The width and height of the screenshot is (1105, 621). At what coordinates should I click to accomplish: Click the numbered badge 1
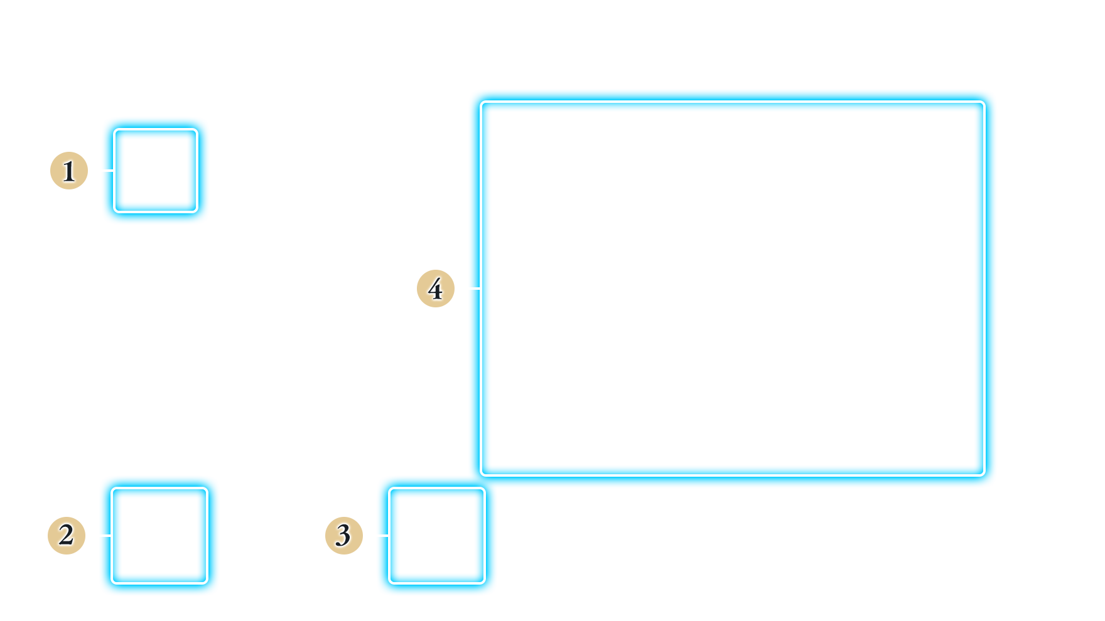click(69, 171)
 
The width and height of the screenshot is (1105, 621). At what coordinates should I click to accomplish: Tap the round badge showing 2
click(67, 536)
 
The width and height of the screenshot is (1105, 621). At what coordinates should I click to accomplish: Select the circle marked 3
click(344, 536)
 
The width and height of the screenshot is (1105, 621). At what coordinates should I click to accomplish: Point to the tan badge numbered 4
click(436, 289)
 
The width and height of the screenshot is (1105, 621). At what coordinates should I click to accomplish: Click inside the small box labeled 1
click(156, 171)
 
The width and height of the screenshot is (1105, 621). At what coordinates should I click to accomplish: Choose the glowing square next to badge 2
click(159, 536)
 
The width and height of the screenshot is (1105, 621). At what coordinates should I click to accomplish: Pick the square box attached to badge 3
click(437, 536)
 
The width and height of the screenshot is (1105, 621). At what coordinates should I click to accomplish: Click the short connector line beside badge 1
click(109, 171)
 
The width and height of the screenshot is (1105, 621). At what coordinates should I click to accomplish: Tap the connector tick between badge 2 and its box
click(106, 536)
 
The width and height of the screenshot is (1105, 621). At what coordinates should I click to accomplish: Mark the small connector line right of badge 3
click(384, 536)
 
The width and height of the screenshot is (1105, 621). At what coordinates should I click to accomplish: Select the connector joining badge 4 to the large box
click(475, 289)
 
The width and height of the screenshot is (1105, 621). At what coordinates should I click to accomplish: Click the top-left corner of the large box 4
click(481, 102)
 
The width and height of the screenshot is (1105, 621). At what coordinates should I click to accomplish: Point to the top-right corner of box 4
click(984, 102)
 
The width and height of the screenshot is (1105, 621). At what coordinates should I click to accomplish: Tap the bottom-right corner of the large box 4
click(984, 475)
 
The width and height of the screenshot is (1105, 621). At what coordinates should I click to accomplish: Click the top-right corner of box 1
click(198, 129)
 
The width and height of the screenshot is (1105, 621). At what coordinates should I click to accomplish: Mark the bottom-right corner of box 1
click(198, 212)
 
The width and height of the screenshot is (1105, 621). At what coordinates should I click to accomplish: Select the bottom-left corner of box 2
click(112, 583)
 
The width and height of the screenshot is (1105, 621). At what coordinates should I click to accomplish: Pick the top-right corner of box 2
click(207, 488)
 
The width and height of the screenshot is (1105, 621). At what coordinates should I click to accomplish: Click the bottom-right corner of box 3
click(485, 583)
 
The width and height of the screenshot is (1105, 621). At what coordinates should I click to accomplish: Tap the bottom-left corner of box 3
click(389, 583)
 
